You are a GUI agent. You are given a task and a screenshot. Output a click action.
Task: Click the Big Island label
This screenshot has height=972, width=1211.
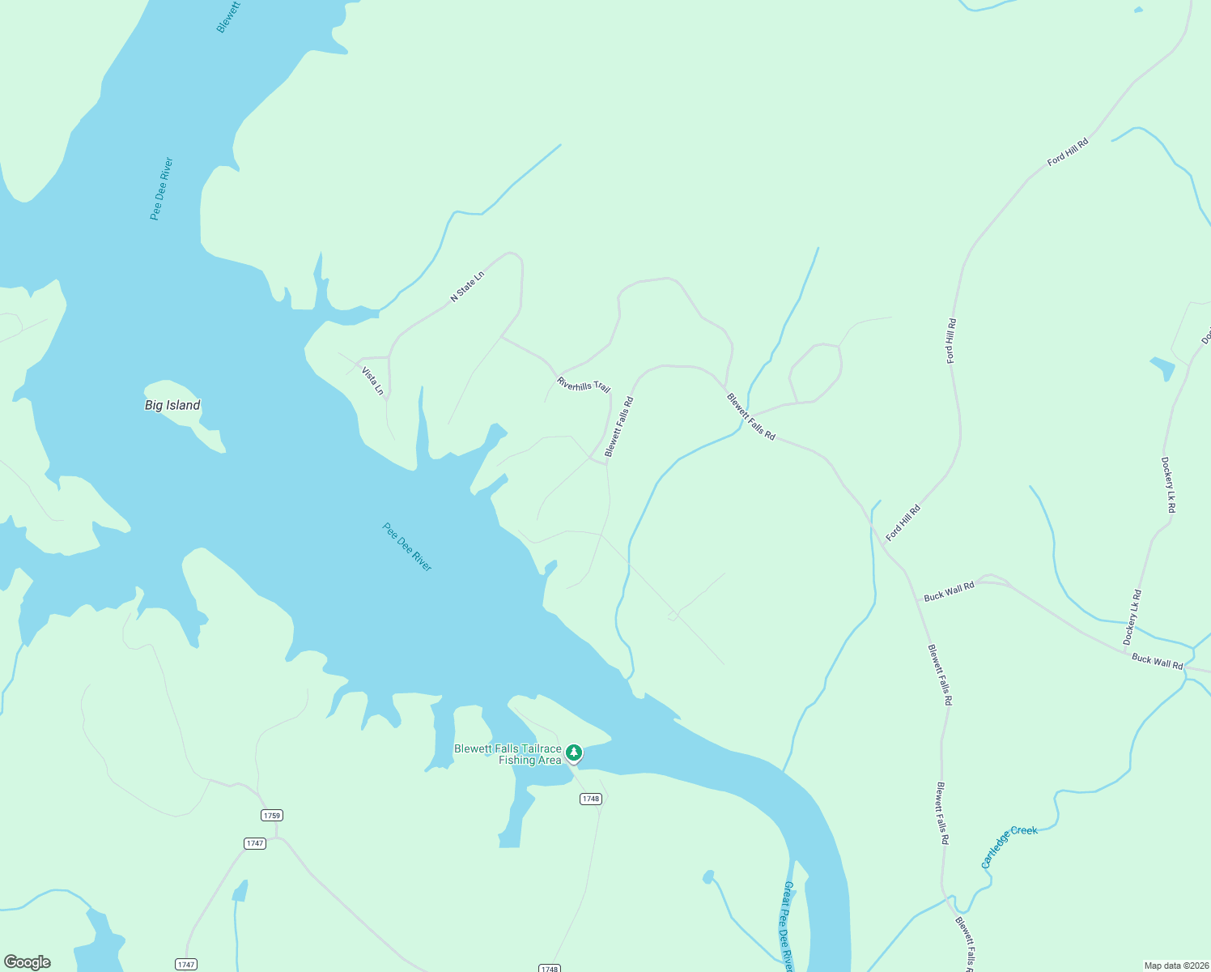click(172, 405)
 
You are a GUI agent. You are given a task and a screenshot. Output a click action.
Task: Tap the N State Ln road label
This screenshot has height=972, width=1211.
click(467, 287)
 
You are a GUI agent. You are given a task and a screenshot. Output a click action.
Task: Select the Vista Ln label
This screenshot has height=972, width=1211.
click(372, 381)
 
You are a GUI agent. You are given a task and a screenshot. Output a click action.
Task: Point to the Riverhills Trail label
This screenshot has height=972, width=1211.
click(584, 384)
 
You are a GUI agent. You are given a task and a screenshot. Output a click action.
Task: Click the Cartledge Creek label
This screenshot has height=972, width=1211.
click(1009, 846)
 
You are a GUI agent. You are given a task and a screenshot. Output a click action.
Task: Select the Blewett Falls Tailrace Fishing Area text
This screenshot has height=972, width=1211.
click(508, 754)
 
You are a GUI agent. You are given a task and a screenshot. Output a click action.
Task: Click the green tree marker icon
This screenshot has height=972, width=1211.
click(574, 752)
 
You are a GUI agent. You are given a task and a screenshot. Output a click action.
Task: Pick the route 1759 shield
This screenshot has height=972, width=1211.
click(272, 815)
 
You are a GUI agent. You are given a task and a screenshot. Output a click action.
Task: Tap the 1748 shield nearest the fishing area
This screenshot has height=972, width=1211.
click(590, 799)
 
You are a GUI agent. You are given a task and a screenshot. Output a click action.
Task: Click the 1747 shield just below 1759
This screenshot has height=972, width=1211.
click(255, 843)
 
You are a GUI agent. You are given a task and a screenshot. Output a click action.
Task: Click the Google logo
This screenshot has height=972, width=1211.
click(28, 962)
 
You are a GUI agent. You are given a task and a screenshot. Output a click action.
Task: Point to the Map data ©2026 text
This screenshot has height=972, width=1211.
click(1175, 966)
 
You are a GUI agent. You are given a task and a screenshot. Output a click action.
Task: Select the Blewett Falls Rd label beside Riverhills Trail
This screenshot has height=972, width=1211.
click(619, 426)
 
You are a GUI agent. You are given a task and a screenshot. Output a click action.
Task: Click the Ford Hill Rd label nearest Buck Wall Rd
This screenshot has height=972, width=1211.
click(903, 523)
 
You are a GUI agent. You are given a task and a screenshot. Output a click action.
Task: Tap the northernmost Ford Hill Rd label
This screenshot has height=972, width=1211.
click(1068, 152)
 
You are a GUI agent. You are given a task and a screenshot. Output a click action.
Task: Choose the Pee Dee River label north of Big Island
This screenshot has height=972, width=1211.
click(162, 189)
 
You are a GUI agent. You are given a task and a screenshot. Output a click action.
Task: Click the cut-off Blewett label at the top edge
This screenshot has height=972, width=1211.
click(229, 16)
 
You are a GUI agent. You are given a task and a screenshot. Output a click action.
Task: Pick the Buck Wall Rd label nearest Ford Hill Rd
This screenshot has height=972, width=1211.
click(949, 592)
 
